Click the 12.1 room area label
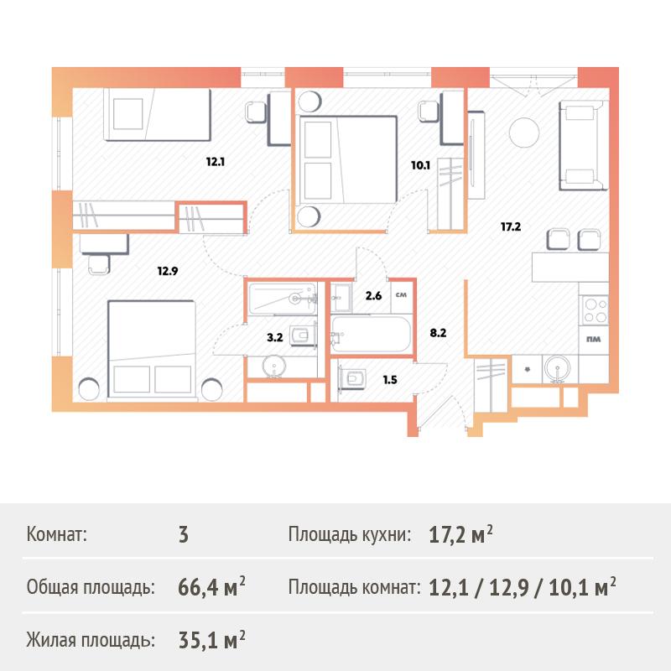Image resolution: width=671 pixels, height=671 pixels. [x=216, y=162]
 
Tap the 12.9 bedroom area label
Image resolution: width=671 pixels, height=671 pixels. [x=167, y=271]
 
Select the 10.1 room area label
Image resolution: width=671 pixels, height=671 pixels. [x=420, y=165]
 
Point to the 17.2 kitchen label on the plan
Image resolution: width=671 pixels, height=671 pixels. [x=511, y=226]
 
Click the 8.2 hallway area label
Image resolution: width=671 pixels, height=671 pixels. [x=438, y=333]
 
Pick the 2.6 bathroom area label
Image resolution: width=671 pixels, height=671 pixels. [x=373, y=296]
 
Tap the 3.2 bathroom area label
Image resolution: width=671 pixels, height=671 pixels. [x=275, y=337]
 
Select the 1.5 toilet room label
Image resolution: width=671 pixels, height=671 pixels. [x=390, y=380]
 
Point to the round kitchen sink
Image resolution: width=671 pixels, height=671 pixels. [x=557, y=368]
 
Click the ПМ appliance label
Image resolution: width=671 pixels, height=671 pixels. [x=594, y=339]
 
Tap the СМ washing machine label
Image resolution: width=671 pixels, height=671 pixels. [x=401, y=295]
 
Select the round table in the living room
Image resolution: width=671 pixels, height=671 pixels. [x=524, y=133]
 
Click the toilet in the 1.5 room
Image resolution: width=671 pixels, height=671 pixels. [x=352, y=378]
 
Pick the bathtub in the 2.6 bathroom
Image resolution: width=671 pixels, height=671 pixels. [x=371, y=334]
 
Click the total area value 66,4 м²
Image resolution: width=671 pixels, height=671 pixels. [x=211, y=586]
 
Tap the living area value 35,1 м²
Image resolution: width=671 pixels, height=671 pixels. [x=211, y=640]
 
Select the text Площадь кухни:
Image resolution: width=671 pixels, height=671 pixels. [x=350, y=534]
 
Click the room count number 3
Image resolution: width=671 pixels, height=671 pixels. [x=183, y=535]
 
